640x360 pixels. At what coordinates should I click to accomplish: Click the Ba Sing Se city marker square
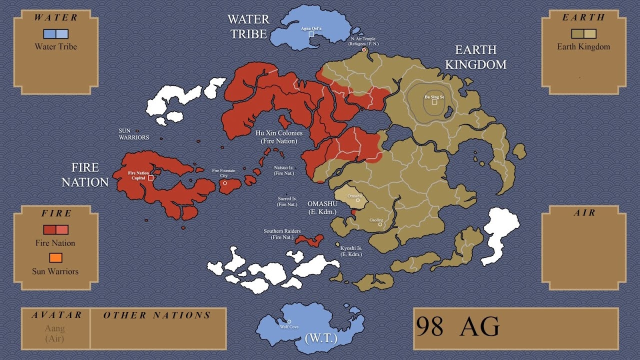tap(434, 102)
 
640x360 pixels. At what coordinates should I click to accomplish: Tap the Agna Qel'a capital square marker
tap(311, 34)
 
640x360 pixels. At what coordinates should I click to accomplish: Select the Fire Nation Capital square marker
tap(150, 177)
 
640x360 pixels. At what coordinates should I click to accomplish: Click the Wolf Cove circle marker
tap(289, 321)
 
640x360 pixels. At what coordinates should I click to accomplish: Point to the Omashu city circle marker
tap(357, 200)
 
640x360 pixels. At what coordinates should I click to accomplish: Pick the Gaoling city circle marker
tap(380, 224)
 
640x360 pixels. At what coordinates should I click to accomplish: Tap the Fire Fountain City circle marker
tap(225, 183)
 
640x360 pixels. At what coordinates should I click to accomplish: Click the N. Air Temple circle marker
tap(364, 49)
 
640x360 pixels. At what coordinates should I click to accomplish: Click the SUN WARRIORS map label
tap(133, 134)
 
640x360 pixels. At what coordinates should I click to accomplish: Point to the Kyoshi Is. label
tap(351, 251)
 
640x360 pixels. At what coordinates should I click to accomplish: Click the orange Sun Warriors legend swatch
tap(55, 257)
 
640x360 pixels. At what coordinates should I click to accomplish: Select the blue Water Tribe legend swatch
tap(55, 34)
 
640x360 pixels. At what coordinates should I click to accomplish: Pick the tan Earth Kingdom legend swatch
tap(583, 34)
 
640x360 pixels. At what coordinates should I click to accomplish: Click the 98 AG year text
tap(457, 327)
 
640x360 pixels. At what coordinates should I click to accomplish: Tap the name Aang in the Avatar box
tap(55, 328)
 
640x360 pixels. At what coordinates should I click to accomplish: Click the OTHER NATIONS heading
tap(157, 315)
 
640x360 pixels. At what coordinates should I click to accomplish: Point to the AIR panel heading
tap(584, 213)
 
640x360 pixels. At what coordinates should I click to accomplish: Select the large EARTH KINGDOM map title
tap(475, 57)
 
